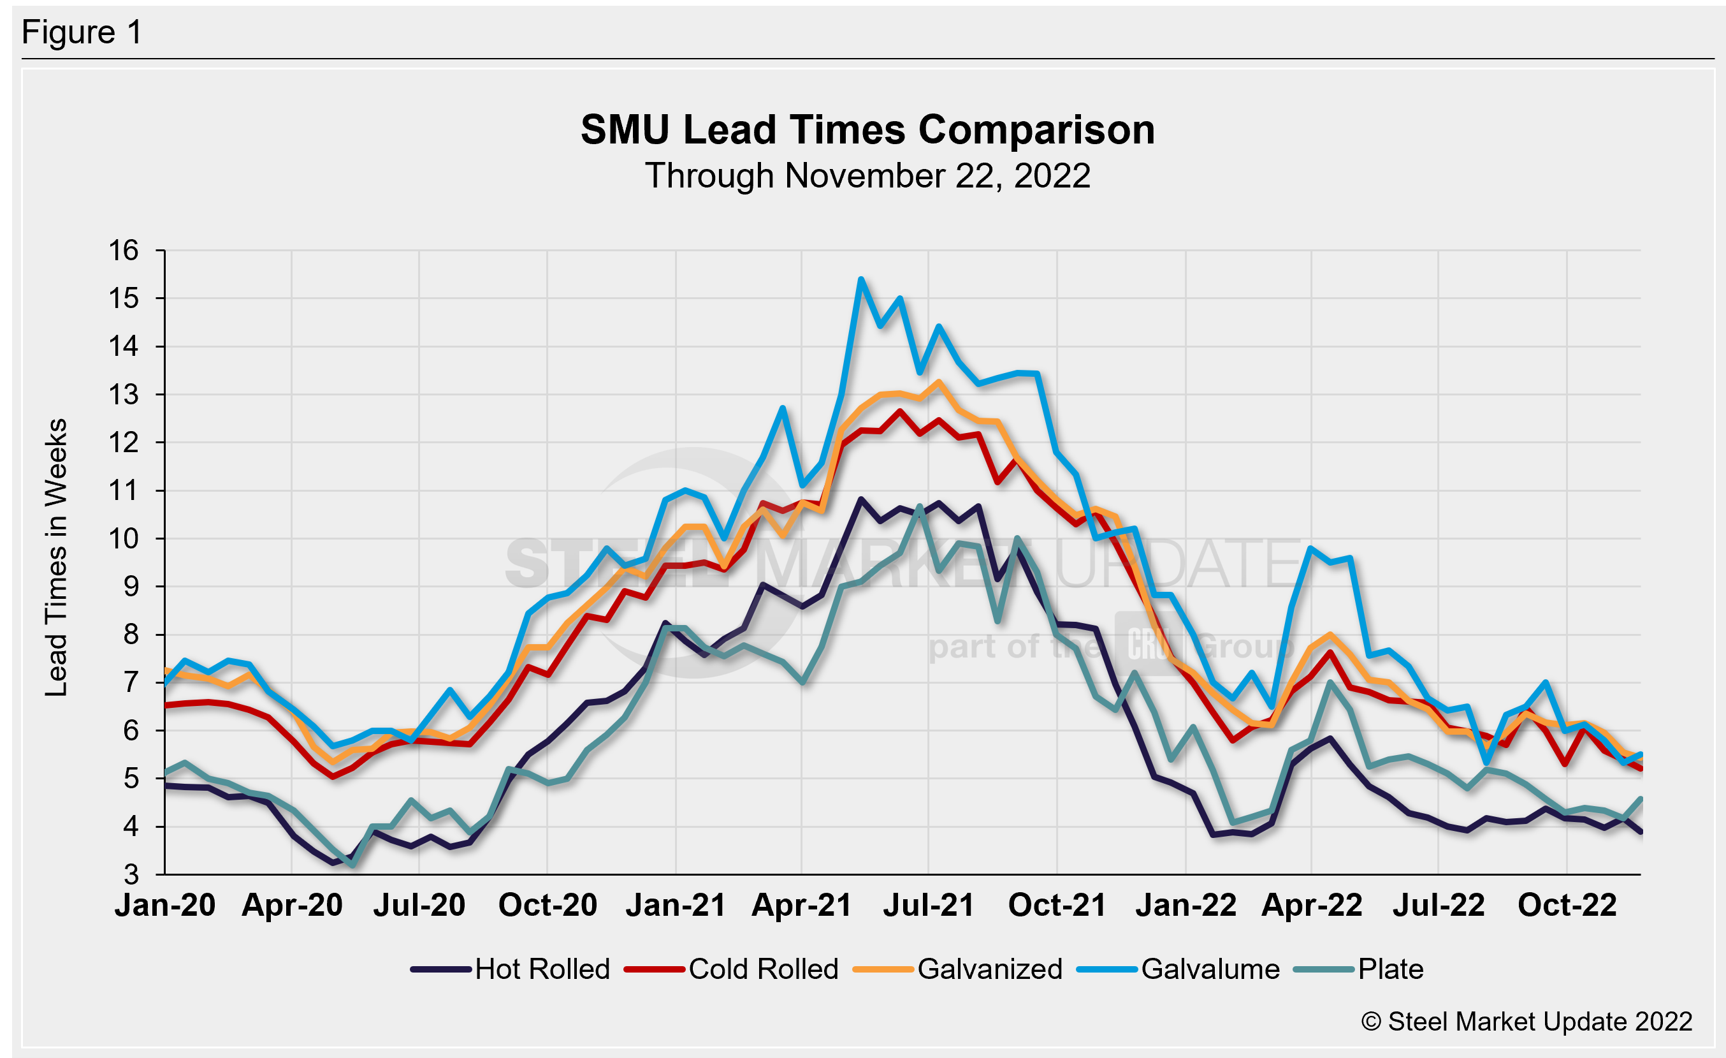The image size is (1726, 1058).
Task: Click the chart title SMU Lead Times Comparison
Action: [x=867, y=130]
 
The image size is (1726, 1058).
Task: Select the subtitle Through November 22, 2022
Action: [x=867, y=176]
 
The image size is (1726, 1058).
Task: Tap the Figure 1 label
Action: [x=82, y=33]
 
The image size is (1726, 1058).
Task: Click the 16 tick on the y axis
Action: [x=123, y=251]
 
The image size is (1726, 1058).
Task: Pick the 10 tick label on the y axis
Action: [x=123, y=539]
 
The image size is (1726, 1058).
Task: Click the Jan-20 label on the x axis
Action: [x=164, y=905]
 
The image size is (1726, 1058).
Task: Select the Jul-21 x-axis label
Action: [x=928, y=905]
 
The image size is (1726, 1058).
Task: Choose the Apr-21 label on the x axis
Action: [x=801, y=905]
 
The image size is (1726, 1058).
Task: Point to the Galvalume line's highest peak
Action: [x=861, y=279]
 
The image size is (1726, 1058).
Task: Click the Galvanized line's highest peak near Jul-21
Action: [x=939, y=382]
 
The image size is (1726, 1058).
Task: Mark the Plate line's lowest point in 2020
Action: [x=352, y=865]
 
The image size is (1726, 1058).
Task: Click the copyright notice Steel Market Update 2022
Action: [x=1527, y=1022]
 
